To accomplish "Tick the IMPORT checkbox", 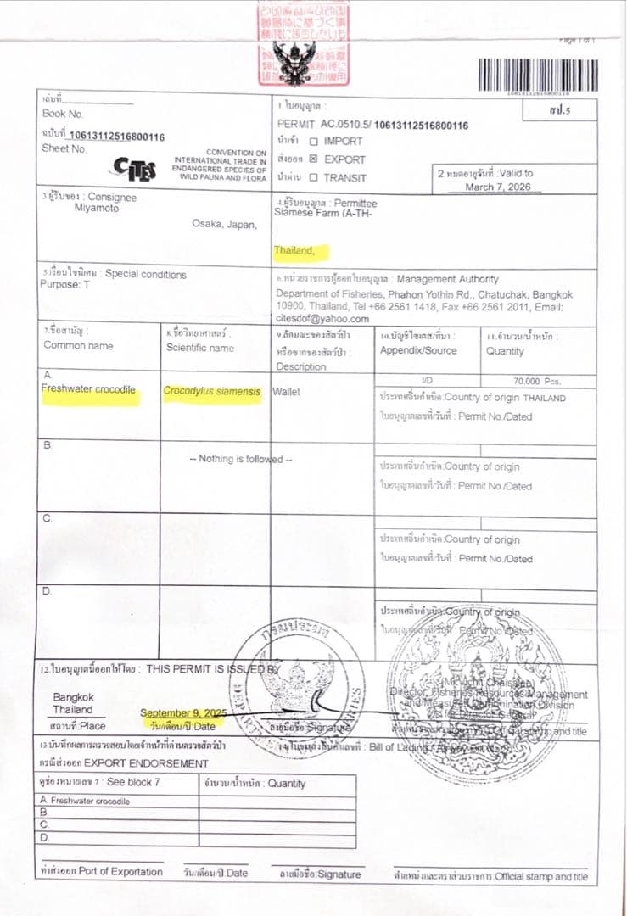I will tap(314, 142).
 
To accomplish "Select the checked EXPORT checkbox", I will tap(313, 159).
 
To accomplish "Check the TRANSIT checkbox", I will tap(314, 177).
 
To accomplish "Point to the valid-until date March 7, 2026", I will tap(498, 187).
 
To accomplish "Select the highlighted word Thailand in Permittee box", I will tap(294, 251).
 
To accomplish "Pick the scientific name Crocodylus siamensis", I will tap(211, 392).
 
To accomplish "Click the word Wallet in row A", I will tap(286, 392).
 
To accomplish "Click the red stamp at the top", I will tap(303, 42).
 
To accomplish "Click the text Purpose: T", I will tap(64, 285).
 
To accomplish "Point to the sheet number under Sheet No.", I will tap(116, 136).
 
